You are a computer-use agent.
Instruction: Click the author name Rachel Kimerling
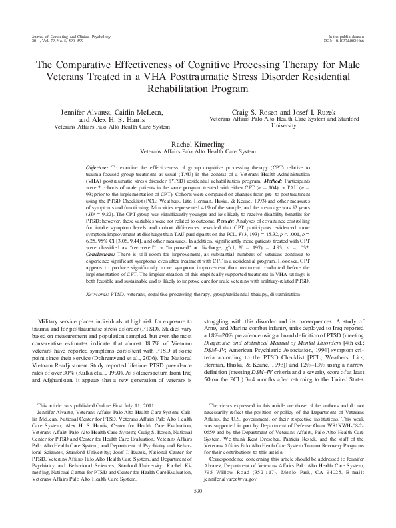pos(198,143)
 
